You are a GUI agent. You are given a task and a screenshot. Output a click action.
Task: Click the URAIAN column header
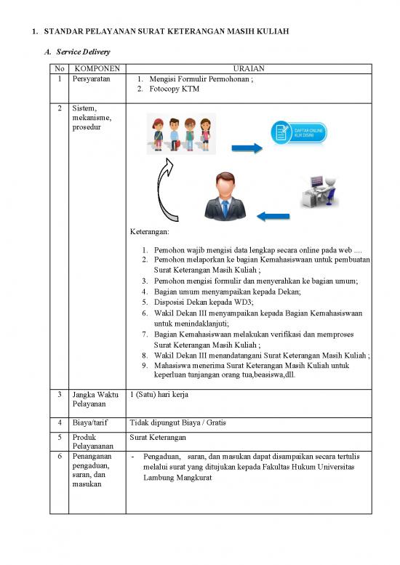tap(248, 69)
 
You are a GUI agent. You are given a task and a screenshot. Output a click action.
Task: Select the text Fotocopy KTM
tap(177, 90)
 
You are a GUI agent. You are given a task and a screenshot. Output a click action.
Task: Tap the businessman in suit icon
tap(225, 196)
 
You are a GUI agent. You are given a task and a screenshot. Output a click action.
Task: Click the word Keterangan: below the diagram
tap(149, 232)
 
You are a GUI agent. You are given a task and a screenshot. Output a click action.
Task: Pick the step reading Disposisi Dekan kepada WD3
tap(201, 302)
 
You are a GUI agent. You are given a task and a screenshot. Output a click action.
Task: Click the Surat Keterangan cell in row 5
tap(157, 438)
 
